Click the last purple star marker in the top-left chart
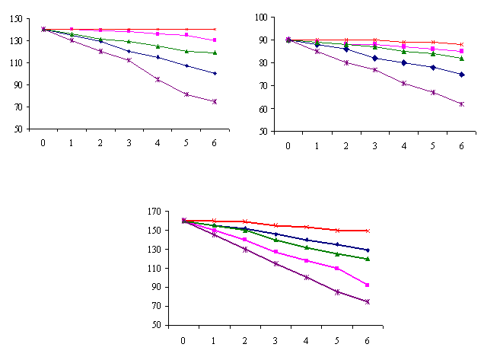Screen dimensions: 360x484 coord(215,101)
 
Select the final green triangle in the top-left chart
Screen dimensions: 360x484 coord(215,53)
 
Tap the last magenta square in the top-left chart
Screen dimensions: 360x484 coord(215,40)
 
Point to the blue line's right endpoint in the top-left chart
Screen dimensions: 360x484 coord(215,73)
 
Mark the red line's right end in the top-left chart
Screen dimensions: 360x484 coord(215,29)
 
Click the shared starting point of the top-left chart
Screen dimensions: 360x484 coord(43,29)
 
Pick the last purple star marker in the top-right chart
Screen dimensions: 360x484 coord(461,104)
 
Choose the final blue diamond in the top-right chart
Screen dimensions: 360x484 coord(461,74)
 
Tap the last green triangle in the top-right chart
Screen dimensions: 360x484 coord(461,58)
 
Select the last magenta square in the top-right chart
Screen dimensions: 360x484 coord(461,51)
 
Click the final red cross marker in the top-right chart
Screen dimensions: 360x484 coord(461,44)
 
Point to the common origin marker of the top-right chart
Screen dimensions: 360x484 coord(288,40)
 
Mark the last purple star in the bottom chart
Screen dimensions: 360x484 coord(368,301)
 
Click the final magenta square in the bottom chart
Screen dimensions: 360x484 coord(368,285)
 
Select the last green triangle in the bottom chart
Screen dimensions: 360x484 coord(368,259)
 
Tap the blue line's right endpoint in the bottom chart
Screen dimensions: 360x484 coord(368,250)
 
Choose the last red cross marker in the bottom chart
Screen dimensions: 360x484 coord(368,231)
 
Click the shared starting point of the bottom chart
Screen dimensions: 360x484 coord(183,221)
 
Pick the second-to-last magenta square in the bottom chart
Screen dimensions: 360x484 coord(336,268)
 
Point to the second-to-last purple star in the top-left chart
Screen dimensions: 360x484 coord(186,94)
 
